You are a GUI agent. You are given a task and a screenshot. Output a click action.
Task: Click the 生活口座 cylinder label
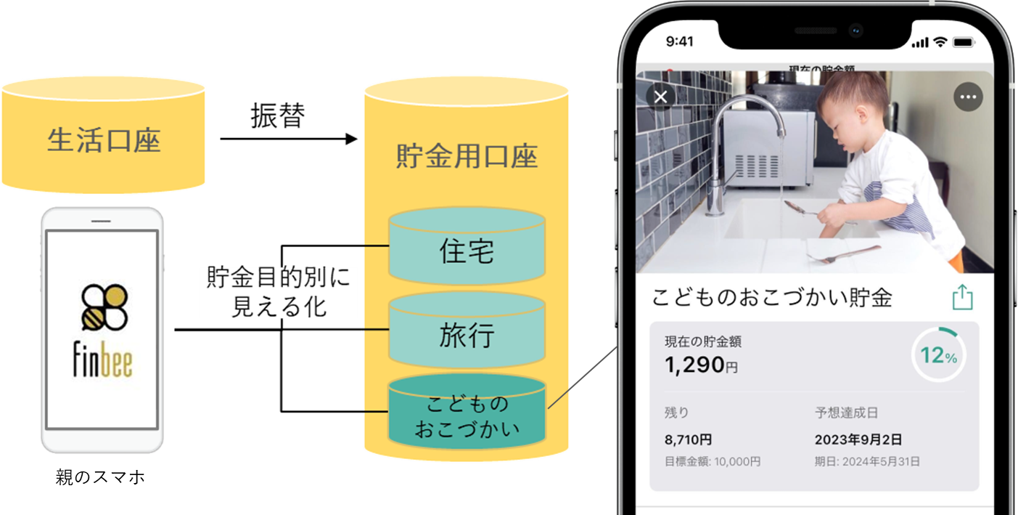pos(103,140)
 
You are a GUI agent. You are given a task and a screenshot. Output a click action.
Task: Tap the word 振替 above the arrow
pos(277,116)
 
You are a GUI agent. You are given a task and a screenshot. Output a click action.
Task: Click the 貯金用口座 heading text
pos(467,157)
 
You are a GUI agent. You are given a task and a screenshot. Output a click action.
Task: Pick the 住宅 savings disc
pos(467,251)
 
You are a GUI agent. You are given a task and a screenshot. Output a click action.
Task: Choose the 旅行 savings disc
pos(467,336)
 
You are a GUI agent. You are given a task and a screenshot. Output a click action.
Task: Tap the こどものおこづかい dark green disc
pos(467,416)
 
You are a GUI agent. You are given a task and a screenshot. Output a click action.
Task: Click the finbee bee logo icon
pos(103,307)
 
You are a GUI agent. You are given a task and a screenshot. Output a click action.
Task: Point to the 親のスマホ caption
pos(100,477)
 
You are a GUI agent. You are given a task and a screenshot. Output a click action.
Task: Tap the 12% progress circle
pos(938,356)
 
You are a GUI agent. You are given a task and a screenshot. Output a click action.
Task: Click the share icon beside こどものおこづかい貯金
pos(962,297)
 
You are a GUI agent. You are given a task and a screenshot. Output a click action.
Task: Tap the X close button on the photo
pos(660,96)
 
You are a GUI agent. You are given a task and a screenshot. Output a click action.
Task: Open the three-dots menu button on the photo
pos(968,97)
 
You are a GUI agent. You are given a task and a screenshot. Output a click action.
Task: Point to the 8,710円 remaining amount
pos(688,439)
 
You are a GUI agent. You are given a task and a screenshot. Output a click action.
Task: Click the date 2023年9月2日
pos(858,439)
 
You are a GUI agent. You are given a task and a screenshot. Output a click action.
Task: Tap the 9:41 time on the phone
pos(680,41)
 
